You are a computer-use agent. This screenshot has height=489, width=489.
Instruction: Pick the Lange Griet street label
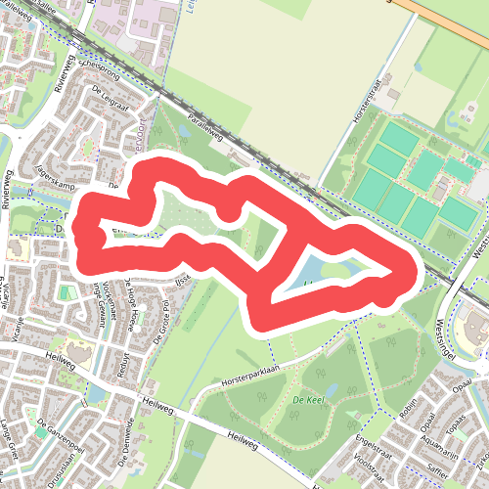point(14,435)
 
